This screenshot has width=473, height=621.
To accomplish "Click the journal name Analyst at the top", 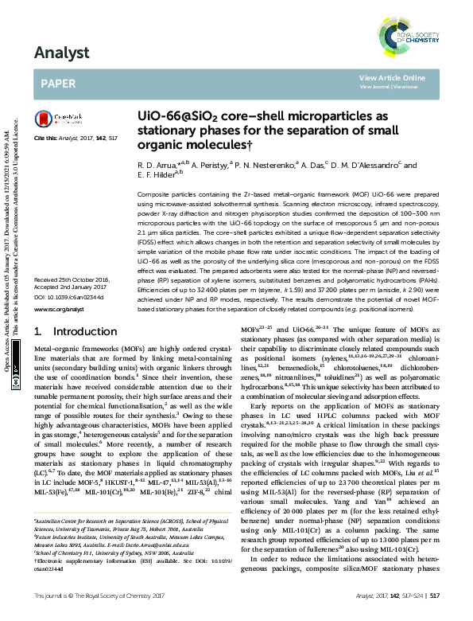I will (59, 54).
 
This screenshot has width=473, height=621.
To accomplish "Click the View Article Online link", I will (392, 77).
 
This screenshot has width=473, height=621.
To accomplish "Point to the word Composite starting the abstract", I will (153, 195).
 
